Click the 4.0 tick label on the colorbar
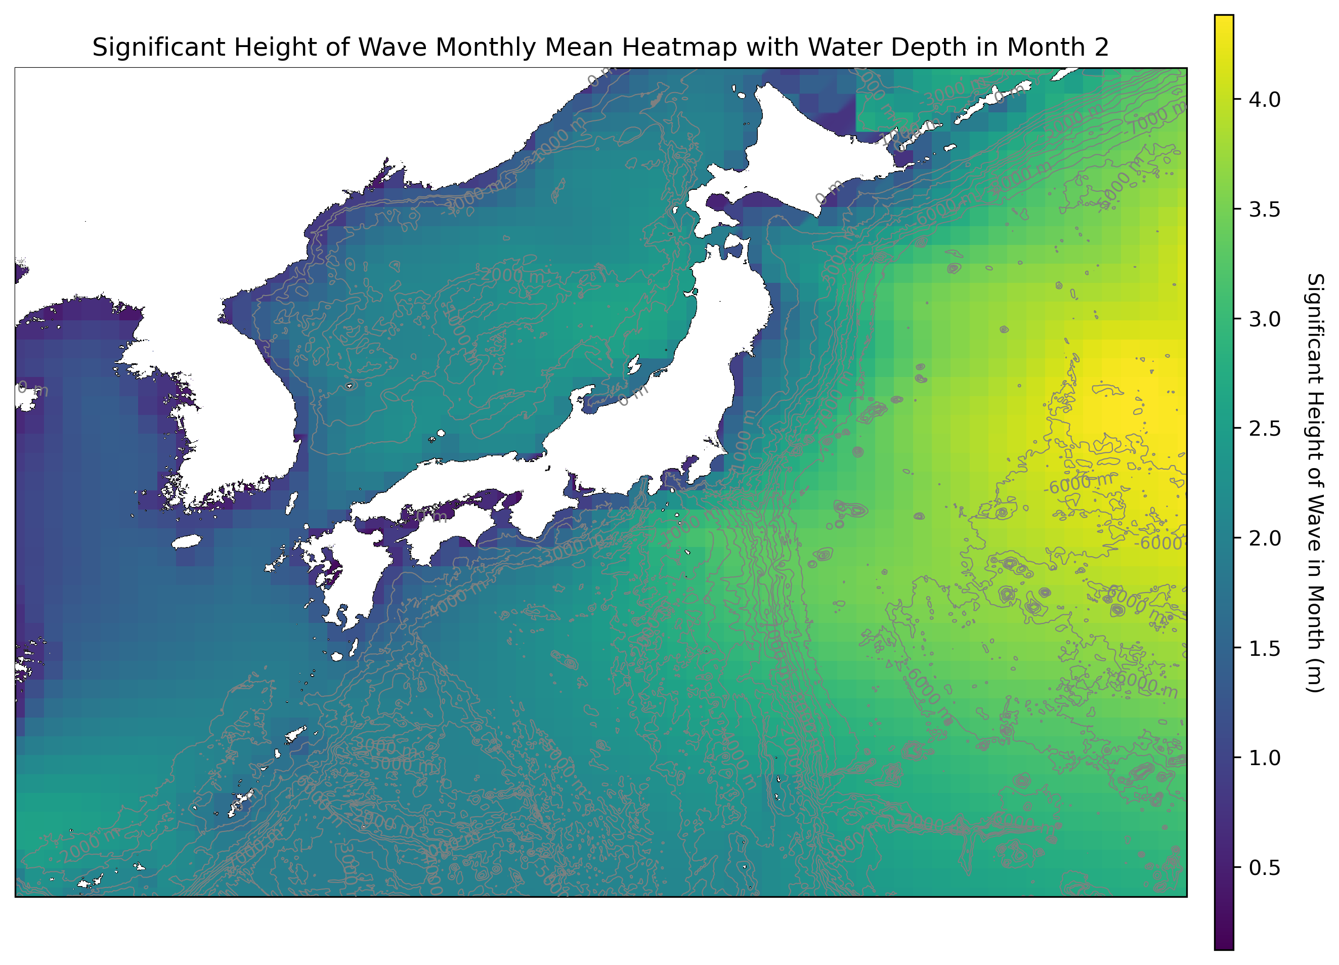coord(1264,100)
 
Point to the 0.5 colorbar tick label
coord(1264,867)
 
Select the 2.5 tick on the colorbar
coord(1264,429)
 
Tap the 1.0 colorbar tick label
coord(1264,758)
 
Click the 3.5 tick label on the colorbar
coord(1264,209)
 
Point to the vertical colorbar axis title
coord(1315,483)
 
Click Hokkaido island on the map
coord(803,148)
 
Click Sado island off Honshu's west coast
coord(633,364)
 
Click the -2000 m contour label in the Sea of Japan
coord(512,276)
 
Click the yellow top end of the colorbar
coord(1223,24)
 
